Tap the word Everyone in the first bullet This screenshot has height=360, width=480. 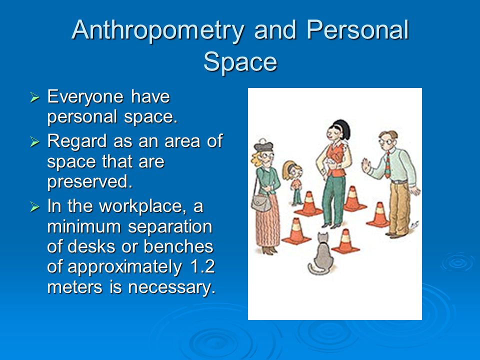tap(85, 97)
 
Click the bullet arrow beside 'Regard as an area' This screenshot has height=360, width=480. tap(35, 142)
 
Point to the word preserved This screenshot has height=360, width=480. tap(90, 182)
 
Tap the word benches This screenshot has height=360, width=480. tap(178, 246)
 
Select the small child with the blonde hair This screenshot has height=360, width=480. tap(294, 182)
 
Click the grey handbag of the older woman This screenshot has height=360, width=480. tap(261, 203)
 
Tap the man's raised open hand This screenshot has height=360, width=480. tap(366, 166)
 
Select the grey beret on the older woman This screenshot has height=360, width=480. tap(263, 145)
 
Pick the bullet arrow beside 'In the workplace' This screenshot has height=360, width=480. tap(35, 207)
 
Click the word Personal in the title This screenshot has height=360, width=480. tap(358, 29)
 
